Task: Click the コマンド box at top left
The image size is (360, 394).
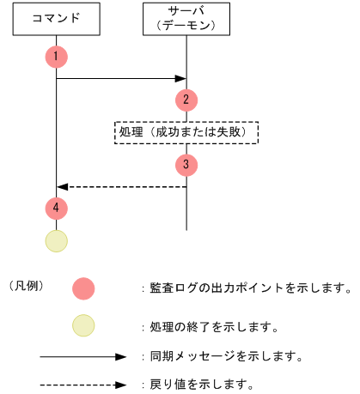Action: [56, 19]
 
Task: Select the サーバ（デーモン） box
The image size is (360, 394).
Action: [186, 19]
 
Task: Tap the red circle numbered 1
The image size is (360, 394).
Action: [56, 57]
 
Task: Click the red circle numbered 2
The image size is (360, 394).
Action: [186, 99]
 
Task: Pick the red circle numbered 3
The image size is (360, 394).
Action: [186, 163]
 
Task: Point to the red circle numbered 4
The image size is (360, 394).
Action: [56, 207]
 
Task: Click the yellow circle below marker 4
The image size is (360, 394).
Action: [56, 240]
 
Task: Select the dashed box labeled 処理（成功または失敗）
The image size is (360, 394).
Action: [186, 131]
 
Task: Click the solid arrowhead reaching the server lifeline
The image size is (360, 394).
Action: [181, 79]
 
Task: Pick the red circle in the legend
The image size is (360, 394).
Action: [83, 288]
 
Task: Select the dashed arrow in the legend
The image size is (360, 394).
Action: [83, 384]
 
